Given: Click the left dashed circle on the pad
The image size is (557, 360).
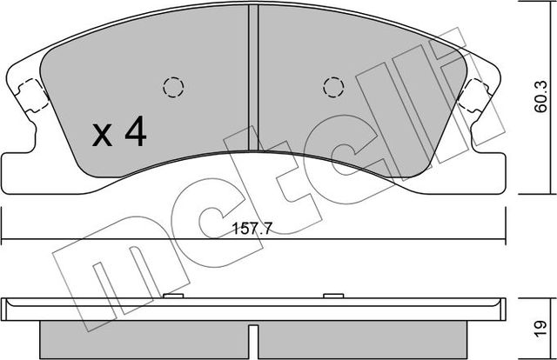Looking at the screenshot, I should [x=172, y=87].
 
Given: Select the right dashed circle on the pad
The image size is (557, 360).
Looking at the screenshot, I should [x=332, y=87].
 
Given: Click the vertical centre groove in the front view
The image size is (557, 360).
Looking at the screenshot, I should [x=253, y=78].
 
